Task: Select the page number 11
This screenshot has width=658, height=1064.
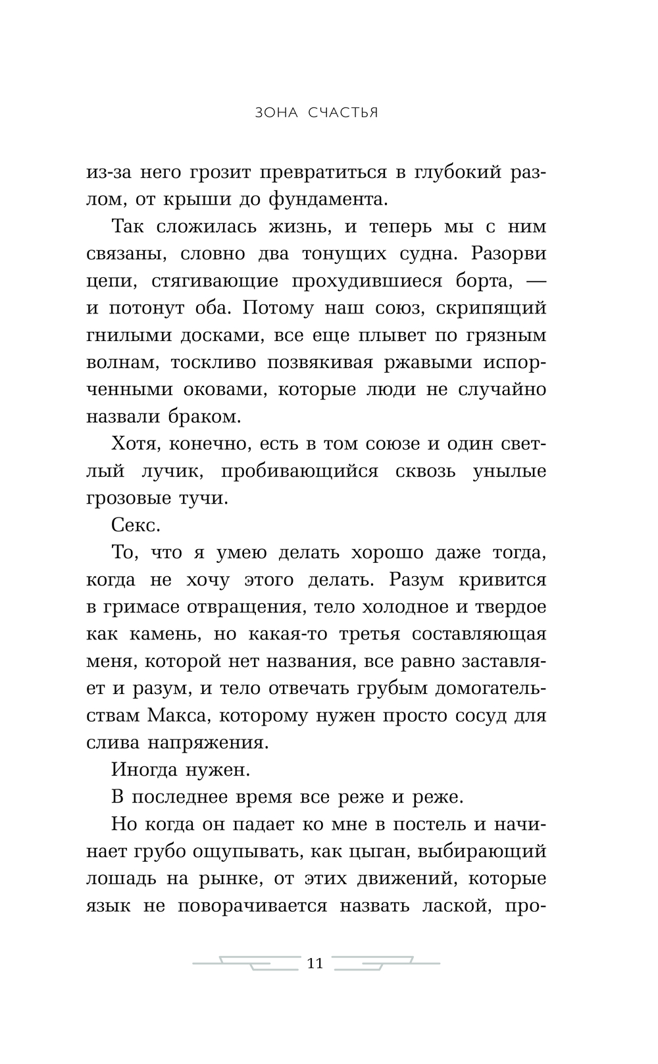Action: click(x=316, y=963)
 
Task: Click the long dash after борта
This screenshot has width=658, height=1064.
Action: click(x=537, y=281)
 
